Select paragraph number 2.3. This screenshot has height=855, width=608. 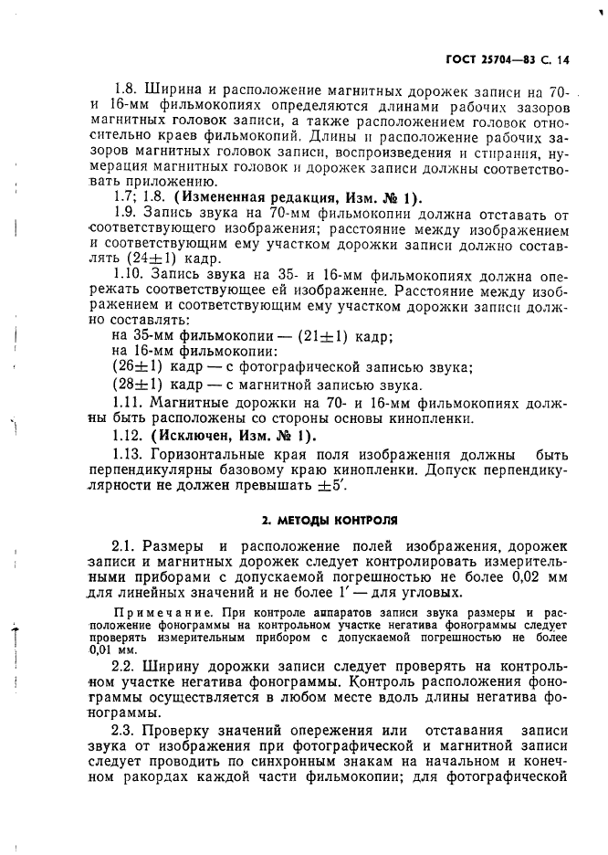[122, 731]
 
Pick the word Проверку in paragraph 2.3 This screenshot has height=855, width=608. [178, 731]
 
